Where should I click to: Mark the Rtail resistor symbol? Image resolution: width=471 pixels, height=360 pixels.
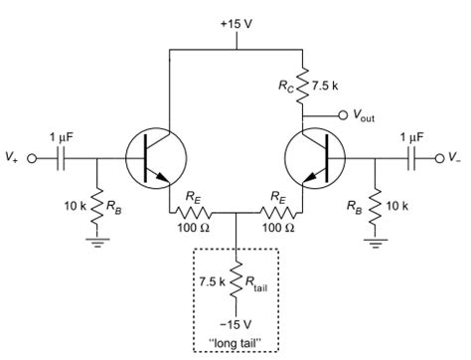tap(235, 281)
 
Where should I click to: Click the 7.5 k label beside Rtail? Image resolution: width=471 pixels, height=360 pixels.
tap(209, 281)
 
